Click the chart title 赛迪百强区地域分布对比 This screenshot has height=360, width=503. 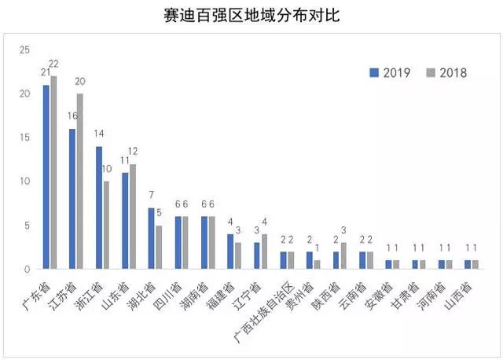coord(251,16)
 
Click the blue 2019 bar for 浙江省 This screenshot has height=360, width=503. coord(99,208)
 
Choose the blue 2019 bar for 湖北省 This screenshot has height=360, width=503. coord(152,238)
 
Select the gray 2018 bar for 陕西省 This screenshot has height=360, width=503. coord(344,255)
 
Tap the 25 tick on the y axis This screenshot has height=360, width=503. coord(24,50)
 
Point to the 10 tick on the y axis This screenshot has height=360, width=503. coord(24,182)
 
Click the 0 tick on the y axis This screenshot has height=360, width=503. coord(26,269)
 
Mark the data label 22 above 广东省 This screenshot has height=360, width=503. coord(55,64)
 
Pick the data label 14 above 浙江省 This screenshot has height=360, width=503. coord(98,134)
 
